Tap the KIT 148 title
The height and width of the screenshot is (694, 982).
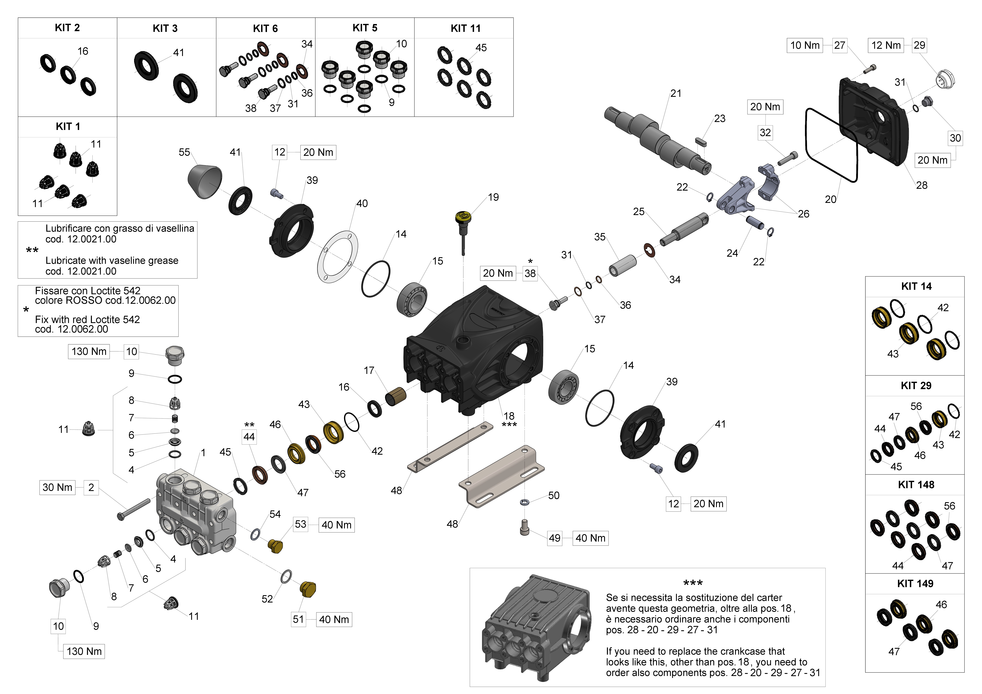click(916, 485)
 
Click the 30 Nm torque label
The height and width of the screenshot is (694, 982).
click(57, 488)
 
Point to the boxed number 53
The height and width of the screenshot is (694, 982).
click(301, 524)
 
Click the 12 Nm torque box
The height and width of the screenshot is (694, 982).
click(886, 45)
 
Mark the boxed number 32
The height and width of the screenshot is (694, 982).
click(765, 132)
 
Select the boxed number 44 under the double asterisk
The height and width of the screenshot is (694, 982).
click(249, 437)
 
